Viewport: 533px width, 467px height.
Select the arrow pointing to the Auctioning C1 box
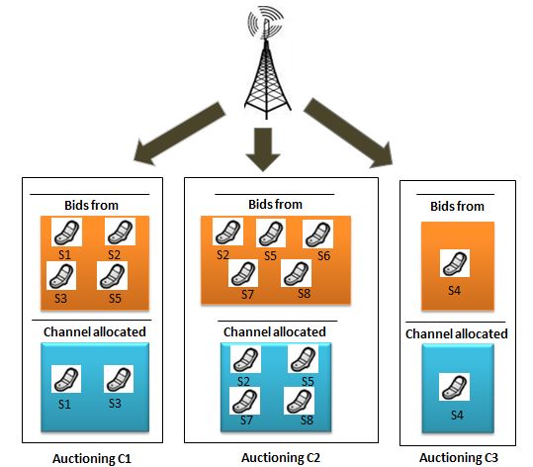click(179, 134)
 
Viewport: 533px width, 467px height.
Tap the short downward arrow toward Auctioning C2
click(263, 149)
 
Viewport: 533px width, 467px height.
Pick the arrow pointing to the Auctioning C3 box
click(348, 133)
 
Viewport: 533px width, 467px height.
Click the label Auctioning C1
click(92, 458)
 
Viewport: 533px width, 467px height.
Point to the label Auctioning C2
click(281, 458)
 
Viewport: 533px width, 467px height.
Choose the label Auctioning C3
click(459, 457)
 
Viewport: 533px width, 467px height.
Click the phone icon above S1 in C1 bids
click(66, 232)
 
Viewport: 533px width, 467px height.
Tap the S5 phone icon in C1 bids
click(112, 275)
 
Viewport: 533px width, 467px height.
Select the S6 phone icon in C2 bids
click(317, 234)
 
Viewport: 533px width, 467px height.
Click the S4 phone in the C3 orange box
click(455, 263)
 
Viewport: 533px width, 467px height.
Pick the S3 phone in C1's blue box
click(119, 379)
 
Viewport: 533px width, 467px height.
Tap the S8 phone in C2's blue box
click(299, 401)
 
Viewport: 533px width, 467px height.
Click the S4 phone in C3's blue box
click(454, 387)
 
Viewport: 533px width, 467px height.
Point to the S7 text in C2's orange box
click(247, 294)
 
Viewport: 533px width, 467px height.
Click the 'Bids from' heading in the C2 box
click(275, 205)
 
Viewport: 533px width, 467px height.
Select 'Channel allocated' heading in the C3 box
click(457, 334)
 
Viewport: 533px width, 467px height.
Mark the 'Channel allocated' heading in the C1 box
click(95, 332)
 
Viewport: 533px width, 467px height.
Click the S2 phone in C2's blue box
click(246, 359)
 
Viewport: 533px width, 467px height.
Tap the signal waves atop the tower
click(265, 23)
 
